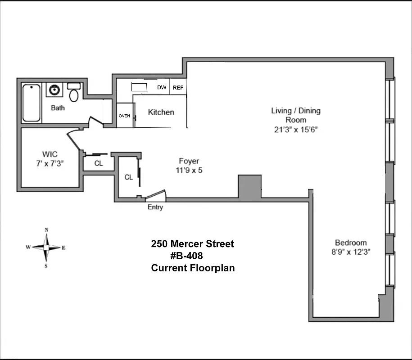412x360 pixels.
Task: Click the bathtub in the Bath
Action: point(32,103)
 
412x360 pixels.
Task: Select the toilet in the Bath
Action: point(74,94)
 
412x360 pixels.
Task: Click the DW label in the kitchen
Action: point(162,87)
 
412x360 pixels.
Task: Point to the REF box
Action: point(178,87)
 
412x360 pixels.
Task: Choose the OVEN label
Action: point(125,116)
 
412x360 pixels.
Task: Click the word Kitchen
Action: point(161,112)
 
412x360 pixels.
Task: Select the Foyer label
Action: point(189,161)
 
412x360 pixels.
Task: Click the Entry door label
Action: point(155,207)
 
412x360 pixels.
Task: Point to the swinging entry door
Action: point(156,195)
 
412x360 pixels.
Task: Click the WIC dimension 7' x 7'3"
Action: point(50,163)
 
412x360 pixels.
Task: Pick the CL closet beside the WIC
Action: point(99,163)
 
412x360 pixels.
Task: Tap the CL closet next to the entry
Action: point(128,177)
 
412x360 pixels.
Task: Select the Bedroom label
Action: point(351,243)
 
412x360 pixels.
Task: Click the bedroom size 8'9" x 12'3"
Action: point(351,252)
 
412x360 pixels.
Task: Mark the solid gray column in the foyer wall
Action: point(250,186)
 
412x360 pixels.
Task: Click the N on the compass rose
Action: point(46,230)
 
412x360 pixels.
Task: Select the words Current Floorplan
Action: point(193,268)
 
